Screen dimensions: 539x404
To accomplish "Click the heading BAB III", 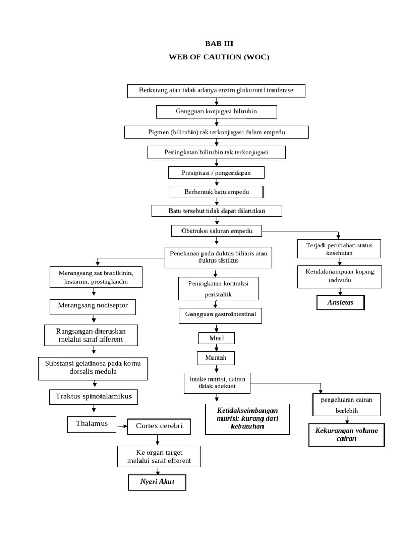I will tap(218, 44).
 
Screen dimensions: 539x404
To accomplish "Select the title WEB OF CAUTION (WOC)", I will tap(218, 56).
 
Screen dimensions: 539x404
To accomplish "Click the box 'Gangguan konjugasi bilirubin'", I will tap(216, 112).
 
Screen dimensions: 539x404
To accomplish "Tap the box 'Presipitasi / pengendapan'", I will tap(216, 173).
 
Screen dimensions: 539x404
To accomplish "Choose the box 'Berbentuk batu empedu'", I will tap(216, 192).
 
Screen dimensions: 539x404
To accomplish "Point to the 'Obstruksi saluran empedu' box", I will tap(217, 231).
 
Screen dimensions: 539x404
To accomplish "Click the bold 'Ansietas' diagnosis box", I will tap(340, 303).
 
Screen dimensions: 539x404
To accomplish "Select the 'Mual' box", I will tap(216, 338).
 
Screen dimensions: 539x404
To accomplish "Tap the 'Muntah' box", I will tap(216, 358).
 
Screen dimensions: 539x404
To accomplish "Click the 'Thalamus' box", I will tap(92, 424).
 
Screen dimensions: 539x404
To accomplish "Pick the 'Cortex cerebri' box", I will tap(159, 426).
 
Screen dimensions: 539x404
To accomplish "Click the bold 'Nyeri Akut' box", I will tap(157, 482).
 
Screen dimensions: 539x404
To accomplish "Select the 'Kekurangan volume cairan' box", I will tap(346, 435).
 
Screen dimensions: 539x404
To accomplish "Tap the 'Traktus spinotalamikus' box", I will tap(94, 396).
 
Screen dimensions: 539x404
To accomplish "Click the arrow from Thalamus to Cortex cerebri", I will tap(122, 426).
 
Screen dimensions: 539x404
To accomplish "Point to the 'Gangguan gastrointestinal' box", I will tap(220, 315).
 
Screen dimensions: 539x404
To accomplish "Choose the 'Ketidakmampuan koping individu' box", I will tap(339, 276).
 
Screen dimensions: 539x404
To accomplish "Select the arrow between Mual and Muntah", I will tap(216, 347).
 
